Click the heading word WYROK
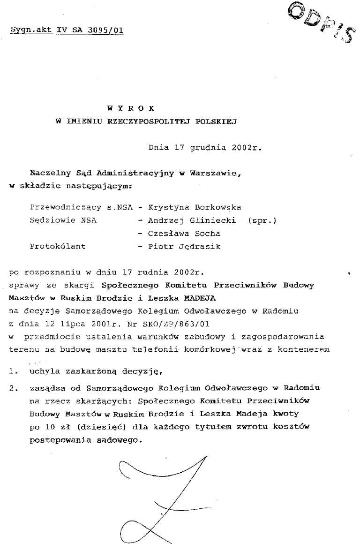[x=130, y=108]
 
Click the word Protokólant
[x=57, y=246]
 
